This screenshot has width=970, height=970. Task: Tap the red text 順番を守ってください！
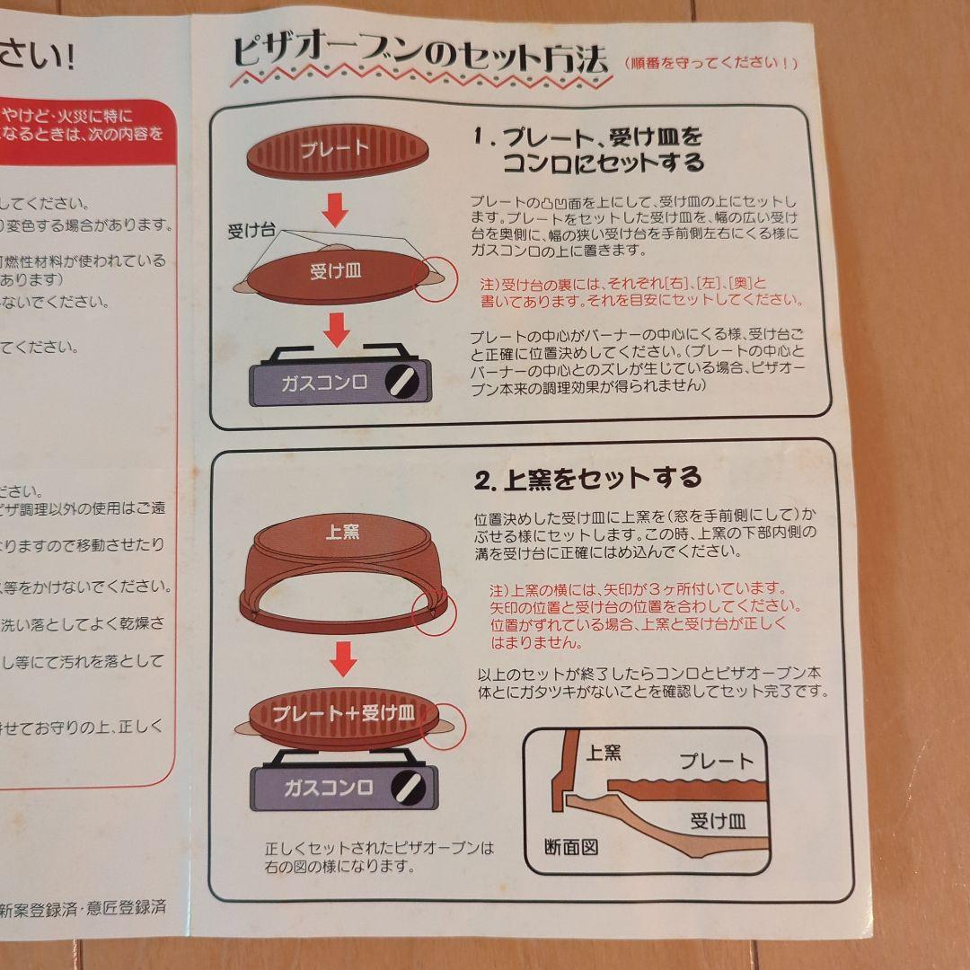(x=710, y=64)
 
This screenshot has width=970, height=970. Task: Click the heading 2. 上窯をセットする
(x=587, y=478)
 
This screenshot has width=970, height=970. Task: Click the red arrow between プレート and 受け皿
(x=335, y=211)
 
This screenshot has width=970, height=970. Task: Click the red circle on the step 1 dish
(x=430, y=274)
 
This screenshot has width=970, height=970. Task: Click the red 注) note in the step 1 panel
(x=641, y=290)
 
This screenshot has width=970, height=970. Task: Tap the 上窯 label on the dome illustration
(x=341, y=533)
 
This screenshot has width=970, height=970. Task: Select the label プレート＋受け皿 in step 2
(x=343, y=715)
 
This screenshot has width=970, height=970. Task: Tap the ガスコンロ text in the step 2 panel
(x=329, y=789)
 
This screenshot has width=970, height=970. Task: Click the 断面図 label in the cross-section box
(x=571, y=846)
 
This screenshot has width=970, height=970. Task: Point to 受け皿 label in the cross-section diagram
(x=718, y=821)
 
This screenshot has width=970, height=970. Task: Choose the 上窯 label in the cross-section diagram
(x=604, y=753)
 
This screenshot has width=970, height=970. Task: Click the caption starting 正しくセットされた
(x=379, y=857)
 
